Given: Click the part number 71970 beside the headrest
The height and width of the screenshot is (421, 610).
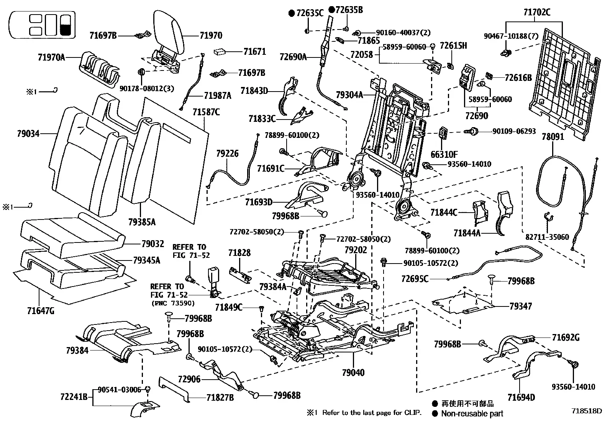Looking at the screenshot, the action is pyautogui.click(x=211, y=35).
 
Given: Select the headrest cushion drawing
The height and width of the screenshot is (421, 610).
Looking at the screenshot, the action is pyautogui.click(x=169, y=33).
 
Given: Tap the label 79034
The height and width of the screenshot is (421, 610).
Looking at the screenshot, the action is pyautogui.click(x=28, y=134).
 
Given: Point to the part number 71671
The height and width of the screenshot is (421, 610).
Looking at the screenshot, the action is pyautogui.click(x=255, y=51).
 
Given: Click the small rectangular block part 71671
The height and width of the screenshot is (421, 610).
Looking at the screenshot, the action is pyautogui.click(x=221, y=51).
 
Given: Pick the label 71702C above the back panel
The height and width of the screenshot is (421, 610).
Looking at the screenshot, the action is pyautogui.click(x=537, y=12).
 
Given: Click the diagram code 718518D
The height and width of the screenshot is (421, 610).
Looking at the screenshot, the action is pyautogui.click(x=587, y=411).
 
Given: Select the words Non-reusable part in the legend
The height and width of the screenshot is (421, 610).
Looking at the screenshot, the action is pyautogui.click(x=472, y=413).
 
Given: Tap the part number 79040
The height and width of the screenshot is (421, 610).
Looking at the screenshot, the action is pyautogui.click(x=353, y=372).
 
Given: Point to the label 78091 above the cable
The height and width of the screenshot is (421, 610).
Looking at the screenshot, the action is pyautogui.click(x=553, y=136).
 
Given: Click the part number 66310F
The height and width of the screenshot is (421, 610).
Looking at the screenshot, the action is pyautogui.click(x=444, y=154).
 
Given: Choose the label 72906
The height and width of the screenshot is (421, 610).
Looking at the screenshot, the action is pyautogui.click(x=189, y=379).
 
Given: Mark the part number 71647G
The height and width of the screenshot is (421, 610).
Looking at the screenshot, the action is pyautogui.click(x=41, y=311).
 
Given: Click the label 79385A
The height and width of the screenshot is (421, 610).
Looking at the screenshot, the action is pyautogui.click(x=142, y=222).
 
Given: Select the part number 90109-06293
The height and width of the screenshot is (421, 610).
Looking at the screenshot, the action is pyautogui.click(x=514, y=131).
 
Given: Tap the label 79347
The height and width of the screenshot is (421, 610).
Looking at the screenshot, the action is pyautogui.click(x=520, y=306).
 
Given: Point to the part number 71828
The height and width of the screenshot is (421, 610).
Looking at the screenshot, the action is pyautogui.click(x=239, y=253).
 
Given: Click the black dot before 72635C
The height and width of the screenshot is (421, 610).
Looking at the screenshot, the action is pyautogui.click(x=292, y=13).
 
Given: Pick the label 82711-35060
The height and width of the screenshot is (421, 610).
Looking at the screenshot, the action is pyautogui.click(x=547, y=237).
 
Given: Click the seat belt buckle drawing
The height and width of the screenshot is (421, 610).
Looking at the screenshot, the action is pyautogui.click(x=214, y=282).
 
